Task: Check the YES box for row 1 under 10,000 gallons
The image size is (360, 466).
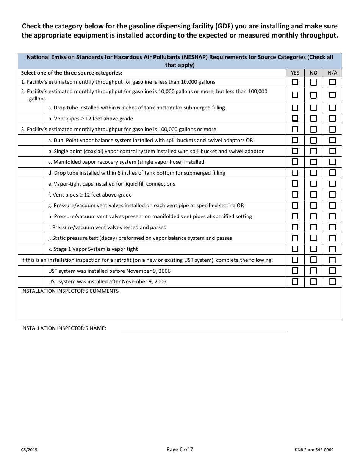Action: pos(295,82)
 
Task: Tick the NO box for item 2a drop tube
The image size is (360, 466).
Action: pos(313,108)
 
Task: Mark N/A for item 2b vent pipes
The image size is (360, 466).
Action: pos(332,119)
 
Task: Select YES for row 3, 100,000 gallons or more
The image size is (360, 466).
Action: pos(295,130)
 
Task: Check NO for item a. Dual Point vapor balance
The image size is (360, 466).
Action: pos(313,140)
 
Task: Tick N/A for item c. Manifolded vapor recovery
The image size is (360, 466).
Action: pos(332,162)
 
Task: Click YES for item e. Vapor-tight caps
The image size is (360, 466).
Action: pos(295,184)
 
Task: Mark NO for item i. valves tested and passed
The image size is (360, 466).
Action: pos(313,227)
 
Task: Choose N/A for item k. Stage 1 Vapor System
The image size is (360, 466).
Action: pos(332,249)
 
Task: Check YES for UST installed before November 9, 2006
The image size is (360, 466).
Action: pos(295,271)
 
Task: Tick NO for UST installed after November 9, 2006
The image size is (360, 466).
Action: pos(313,282)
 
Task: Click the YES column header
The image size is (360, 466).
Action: pos(295,73)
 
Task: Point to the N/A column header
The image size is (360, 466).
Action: pos(332,73)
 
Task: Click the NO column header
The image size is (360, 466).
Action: pos(313,73)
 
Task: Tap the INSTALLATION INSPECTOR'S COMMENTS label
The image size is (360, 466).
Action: pos(70,291)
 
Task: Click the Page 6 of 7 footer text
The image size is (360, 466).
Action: pos(180,449)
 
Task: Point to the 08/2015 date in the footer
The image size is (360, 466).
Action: pos(29,450)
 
